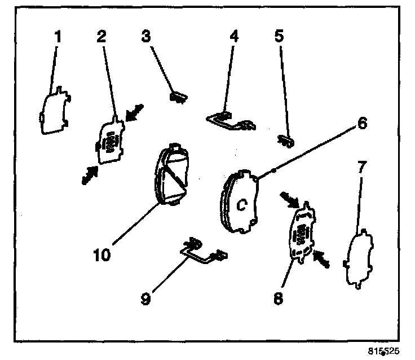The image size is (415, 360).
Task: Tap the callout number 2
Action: click(101, 37)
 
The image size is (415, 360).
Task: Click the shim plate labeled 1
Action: click(55, 113)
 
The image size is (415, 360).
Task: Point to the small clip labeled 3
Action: click(179, 97)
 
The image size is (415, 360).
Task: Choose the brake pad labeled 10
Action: click(173, 173)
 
